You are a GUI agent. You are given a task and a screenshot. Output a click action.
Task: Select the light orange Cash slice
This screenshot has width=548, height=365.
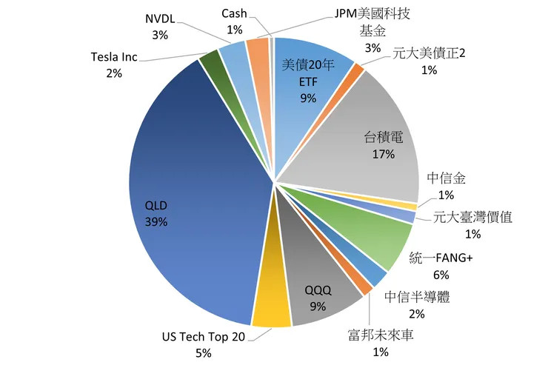257,49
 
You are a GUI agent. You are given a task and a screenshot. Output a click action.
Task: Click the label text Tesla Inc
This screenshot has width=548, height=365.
113,57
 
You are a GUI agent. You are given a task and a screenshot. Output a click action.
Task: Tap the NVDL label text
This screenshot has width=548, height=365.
159,19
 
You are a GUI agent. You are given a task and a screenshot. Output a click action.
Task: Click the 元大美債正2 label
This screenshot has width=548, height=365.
429,54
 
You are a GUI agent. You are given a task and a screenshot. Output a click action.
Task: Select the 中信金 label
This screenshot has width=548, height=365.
446,179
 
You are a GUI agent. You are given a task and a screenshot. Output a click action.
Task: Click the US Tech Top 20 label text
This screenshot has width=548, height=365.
203,337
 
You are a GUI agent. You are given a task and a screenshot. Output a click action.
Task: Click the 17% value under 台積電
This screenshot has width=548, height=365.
384,155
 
